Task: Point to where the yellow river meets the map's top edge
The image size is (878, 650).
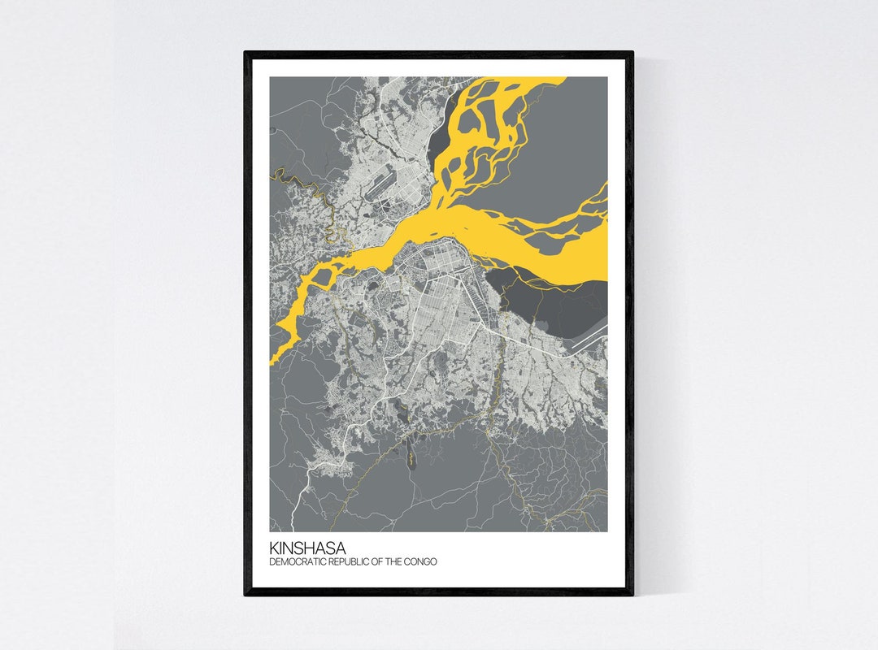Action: (x=520, y=79)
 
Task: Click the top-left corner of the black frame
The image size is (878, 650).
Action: (x=246, y=54)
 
